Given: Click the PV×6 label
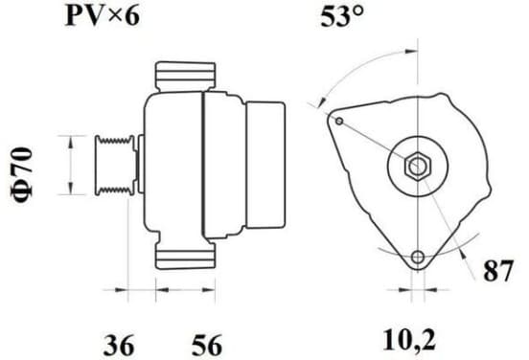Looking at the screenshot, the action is click(x=102, y=16).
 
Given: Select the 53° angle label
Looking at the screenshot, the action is click(x=342, y=16).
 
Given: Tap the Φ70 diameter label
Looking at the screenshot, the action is click(x=23, y=175).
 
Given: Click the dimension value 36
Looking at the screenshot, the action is click(x=119, y=345).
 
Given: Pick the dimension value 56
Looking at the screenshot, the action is click(x=207, y=345).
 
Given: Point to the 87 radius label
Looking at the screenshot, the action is click(x=498, y=270).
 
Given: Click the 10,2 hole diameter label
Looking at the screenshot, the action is click(x=409, y=340).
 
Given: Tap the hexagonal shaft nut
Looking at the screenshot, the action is click(x=418, y=166).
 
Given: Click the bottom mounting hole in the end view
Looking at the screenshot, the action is click(x=418, y=258).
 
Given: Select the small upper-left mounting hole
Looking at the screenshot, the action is click(x=340, y=121).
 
